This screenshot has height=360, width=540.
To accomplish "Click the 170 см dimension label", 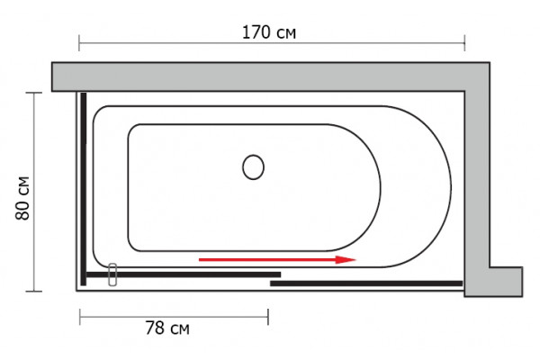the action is pos(269,32).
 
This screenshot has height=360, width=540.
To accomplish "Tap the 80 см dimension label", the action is pos(22,198).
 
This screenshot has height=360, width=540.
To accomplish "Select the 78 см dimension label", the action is pos(167,328).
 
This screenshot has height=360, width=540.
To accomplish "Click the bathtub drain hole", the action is pos(253,167).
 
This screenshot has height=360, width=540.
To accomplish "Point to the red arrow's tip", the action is pos(355,260).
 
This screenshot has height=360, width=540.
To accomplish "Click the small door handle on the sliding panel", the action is pos(112,274).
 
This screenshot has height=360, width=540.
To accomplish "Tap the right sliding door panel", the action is pos(366,283).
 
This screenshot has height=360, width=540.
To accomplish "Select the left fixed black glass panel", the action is pos(184,274).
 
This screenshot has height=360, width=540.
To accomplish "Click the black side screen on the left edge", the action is pos(84,189).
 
